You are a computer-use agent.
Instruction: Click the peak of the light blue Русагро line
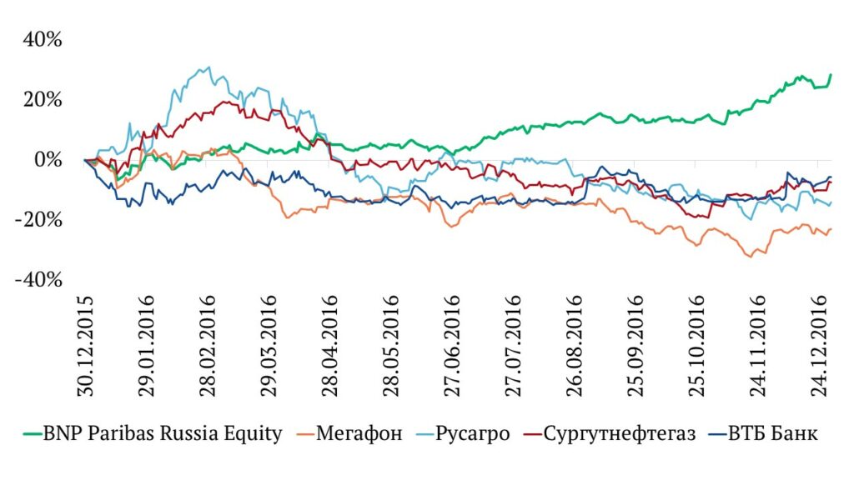208,68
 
